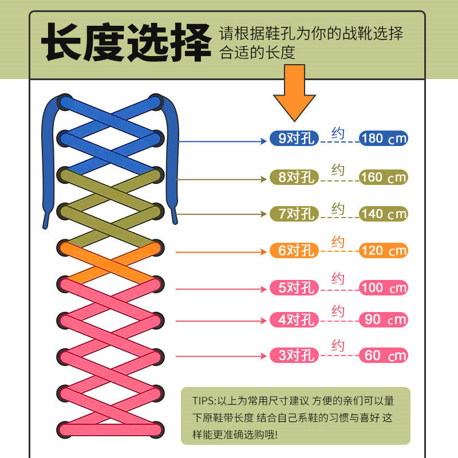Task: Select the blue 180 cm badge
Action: pos(384,138)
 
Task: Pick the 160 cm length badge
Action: pos(384,177)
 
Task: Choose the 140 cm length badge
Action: pos(384,214)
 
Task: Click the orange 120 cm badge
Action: pos(384,250)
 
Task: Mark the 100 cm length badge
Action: pos(384,287)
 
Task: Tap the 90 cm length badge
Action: pos(384,319)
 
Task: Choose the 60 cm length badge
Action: pos(384,356)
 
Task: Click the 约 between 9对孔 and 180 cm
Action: pos(338,133)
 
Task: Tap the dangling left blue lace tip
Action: pos(45,220)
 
